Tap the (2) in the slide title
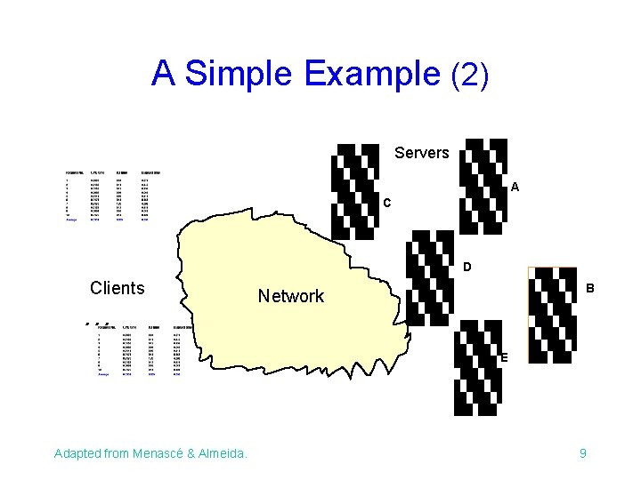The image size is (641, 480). pyautogui.click(x=471, y=74)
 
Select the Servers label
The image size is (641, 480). pyautogui.click(x=421, y=153)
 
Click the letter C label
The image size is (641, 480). pyautogui.click(x=387, y=204)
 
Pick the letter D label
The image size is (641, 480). pyautogui.click(x=467, y=267)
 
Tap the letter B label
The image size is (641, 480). pyautogui.click(x=589, y=289)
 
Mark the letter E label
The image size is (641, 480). pyautogui.click(x=504, y=357)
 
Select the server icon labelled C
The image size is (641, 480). pyautogui.click(x=353, y=190)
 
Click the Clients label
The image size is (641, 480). pyautogui.click(x=117, y=288)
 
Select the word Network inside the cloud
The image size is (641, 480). pyautogui.click(x=291, y=296)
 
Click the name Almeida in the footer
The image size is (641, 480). pyautogui.click(x=220, y=454)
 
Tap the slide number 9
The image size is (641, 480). pyautogui.click(x=583, y=454)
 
